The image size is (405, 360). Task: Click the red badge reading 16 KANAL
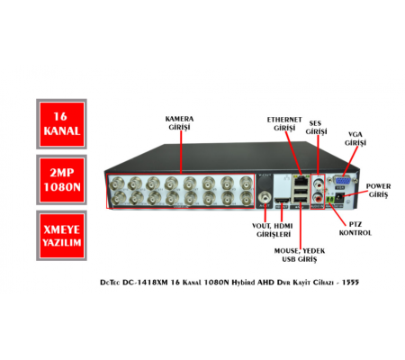[x=61, y=124]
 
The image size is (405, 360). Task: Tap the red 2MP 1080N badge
[x=61, y=180]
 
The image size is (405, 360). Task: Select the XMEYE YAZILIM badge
[x=61, y=236]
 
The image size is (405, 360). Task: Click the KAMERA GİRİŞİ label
[x=179, y=123]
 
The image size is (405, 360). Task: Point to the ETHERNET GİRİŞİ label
[x=284, y=123]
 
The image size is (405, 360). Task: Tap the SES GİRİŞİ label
[x=316, y=128]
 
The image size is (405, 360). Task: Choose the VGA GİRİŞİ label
[x=355, y=139]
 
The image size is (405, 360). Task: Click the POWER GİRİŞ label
[x=378, y=190]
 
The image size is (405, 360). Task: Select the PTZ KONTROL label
[x=355, y=229]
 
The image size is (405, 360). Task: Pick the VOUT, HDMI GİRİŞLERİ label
[x=273, y=230]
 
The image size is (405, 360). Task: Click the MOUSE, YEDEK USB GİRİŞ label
[x=300, y=255]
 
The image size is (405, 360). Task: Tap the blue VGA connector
[x=342, y=181]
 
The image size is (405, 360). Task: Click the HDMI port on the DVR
[x=282, y=201]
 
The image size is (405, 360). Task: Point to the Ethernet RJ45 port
[x=301, y=181]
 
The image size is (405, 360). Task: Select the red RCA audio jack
[x=318, y=198]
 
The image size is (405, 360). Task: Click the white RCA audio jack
[x=318, y=182]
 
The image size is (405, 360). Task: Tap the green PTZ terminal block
[x=330, y=200]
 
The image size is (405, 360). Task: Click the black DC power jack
[x=339, y=198]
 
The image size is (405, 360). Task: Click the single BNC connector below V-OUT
[x=265, y=197]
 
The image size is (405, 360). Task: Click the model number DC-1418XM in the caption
[x=145, y=283]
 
